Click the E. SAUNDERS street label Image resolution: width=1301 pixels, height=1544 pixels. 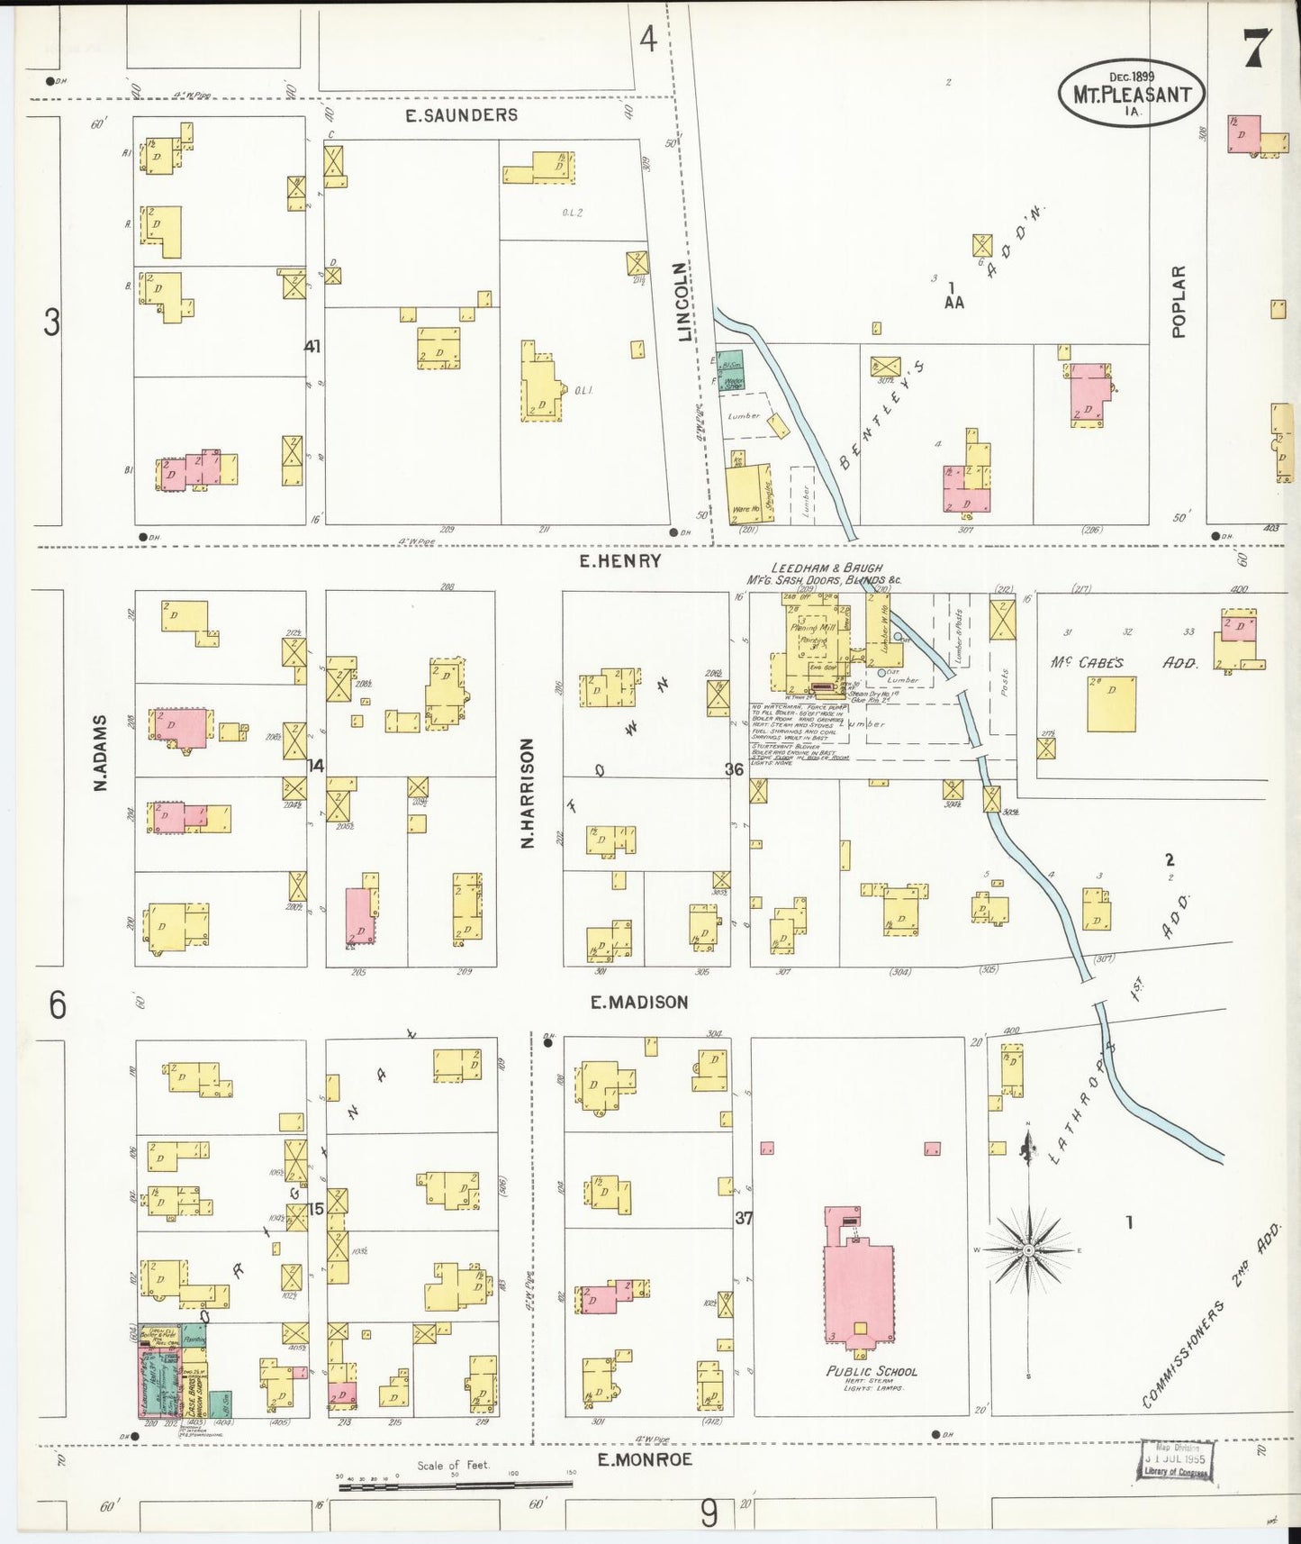click(461, 115)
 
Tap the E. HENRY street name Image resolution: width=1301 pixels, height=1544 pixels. click(619, 561)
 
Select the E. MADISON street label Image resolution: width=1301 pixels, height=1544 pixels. click(639, 1002)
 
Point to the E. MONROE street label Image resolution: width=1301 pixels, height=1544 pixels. click(645, 1459)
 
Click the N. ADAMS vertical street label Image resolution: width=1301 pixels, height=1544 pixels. click(102, 753)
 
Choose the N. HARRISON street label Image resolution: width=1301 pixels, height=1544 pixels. click(528, 793)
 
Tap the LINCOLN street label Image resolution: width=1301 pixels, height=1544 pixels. click(684, 303)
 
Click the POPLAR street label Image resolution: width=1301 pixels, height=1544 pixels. click(1179, 302)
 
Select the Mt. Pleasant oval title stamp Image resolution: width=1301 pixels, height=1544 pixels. click(1132, 94)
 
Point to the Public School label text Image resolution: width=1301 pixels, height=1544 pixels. click(871, 1371)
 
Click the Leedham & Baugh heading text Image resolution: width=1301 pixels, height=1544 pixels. click(826, 568)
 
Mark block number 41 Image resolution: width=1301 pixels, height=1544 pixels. click(312, 346)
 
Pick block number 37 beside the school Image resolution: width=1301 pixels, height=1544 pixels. click(743, 1218)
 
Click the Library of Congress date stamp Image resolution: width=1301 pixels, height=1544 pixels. click(1175, 1459)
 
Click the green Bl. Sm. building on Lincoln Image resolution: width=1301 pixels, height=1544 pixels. click(731, 363)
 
